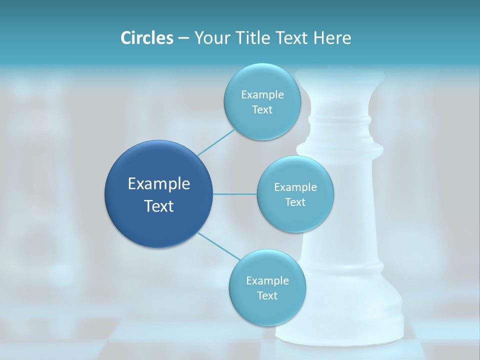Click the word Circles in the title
pyautogui.click(x=146, y=38)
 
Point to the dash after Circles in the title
pyautogui.click(x=183, y=38)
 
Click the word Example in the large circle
pyautogui.click(x=159, y=184)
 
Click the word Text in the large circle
pyautogui.click(x=159, y=206)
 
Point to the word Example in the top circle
pyautogui.click(x=262, y=94)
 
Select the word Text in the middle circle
pyautogui.click(x=295, y=202)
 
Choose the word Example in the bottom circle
pyautogui.click(x=267, y=280)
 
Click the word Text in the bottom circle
pyautogui.click(x=267, y=295)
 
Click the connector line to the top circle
pyautogui.click(x=215, y=142)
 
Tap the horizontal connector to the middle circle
pyautogui.click(x=235, y=194)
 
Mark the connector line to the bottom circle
pyautogui.click(x=218, y=246)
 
